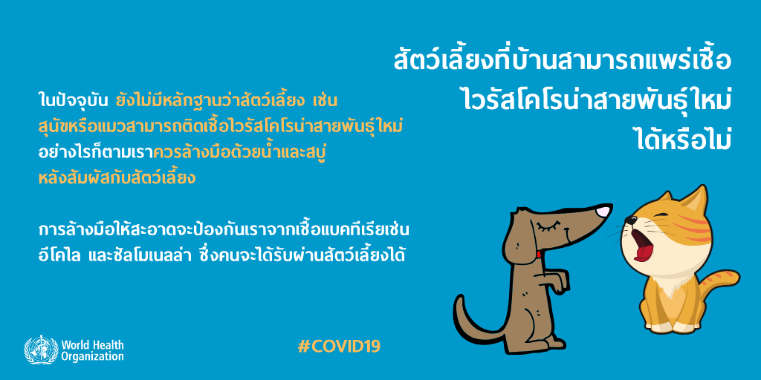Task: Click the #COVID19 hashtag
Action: [x=339, y=346]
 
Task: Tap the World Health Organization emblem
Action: [x=42, y=350]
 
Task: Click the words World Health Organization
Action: [x=92, y=351]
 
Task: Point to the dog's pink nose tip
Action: [x=603, y=212]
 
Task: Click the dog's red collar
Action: [x=540, y=254]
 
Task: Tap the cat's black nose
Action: [x=629, y=220]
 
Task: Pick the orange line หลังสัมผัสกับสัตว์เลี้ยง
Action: [x=117, y=177]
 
